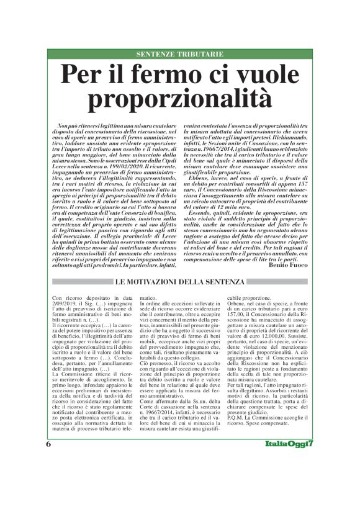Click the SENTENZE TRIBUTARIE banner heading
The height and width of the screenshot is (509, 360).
[179, 55]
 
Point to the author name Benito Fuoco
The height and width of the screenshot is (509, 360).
[288, 264]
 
